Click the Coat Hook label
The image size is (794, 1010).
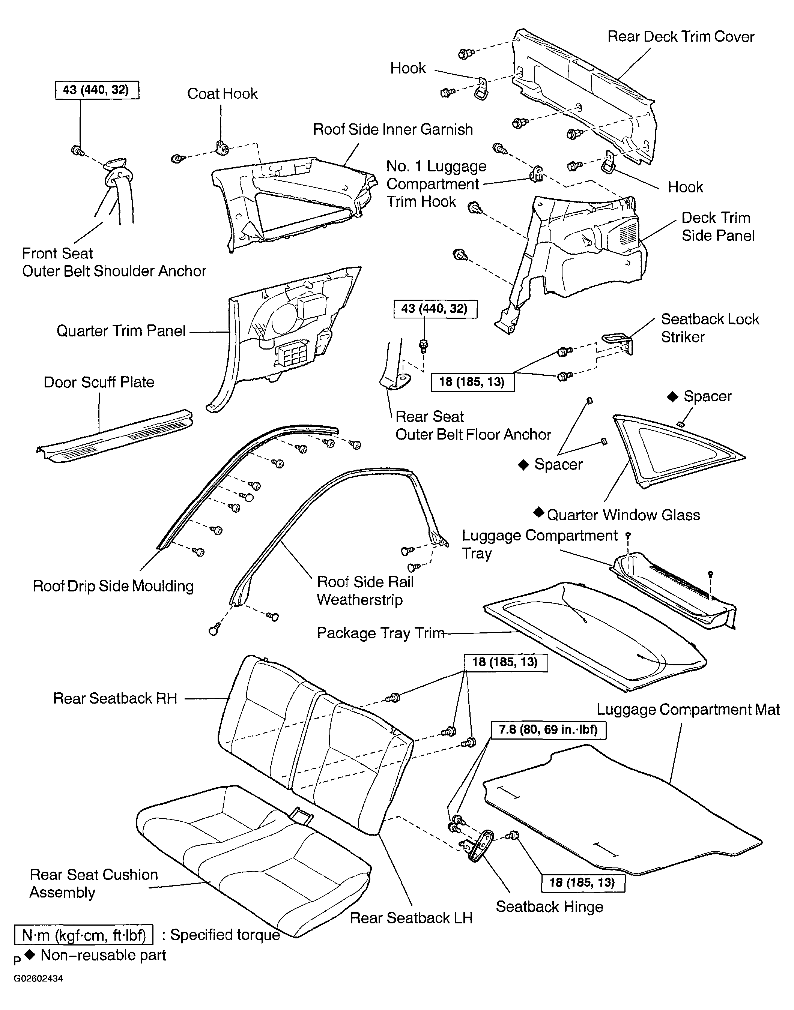click(x=222, y=93)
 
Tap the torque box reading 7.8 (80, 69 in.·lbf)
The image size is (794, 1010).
click(x=549, y=730)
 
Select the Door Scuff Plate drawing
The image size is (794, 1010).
click(x=115, y=436)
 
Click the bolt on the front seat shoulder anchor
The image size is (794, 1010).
click(x=78, y=151)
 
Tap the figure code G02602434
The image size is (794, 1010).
click(x=38, y=978)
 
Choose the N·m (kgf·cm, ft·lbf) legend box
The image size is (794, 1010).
click(x=84, y=935)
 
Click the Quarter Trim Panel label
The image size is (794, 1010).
click(x=121, y=331)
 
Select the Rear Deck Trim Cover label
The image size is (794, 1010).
click(x=681, y=37)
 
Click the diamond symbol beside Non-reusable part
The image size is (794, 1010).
click(x=30, y=955)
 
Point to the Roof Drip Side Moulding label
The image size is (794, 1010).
click(x=113, y=586)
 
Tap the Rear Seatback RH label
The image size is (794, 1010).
click(x=115, y=698)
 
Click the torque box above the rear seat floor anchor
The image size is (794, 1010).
click(x=436, y=309)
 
